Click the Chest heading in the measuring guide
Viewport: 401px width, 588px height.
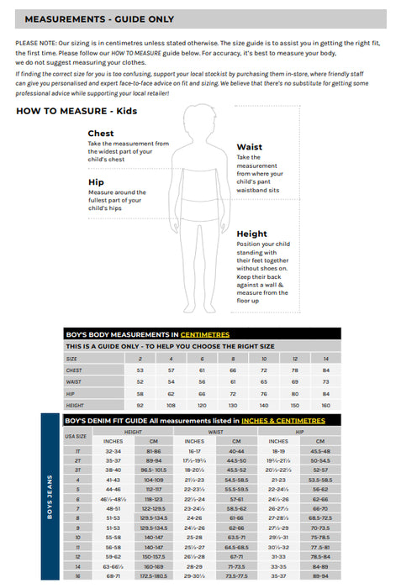pos(101,133)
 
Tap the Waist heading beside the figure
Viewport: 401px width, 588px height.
pos(249,147)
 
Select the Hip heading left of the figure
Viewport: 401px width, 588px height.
pos(96,181)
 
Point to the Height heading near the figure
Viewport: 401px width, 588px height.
pos(252,234)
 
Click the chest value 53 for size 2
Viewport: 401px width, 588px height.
pos(140,370)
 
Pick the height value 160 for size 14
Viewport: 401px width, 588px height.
pos(326,405)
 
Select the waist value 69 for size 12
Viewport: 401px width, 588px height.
pos(295,381)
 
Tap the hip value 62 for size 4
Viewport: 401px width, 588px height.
pos(171,393)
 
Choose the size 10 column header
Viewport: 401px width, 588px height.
pos(264,358)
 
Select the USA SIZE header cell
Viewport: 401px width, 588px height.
pos(76,436)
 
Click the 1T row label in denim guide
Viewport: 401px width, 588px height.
pos(77,451)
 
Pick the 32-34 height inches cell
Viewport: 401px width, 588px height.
pos(113,451)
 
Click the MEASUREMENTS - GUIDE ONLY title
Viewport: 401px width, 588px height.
pos(99,18)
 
